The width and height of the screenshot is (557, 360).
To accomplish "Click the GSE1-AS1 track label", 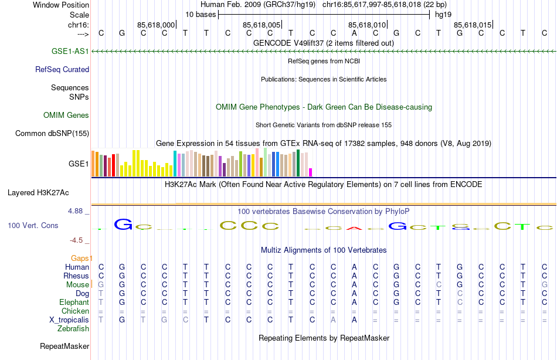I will click(x=70, y=52).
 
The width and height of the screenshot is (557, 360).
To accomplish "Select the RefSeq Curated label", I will click(x=62, y=69).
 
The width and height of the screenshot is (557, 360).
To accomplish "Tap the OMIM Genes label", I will click(x=66, y=116).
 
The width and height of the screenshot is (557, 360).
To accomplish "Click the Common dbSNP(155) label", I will click(x=52, y=134).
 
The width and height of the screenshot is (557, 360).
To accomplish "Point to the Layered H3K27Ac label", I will click(x=38, y=192).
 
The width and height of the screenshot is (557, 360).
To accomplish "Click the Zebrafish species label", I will click(x=73, y=329).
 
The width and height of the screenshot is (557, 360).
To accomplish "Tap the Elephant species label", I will click(x=74, y=303).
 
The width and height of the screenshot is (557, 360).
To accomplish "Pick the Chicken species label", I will click(x=76, y=311).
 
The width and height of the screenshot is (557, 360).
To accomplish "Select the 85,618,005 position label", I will click(x=261, y=25).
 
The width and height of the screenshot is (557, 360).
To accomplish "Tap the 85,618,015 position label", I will click(x=473, y=25).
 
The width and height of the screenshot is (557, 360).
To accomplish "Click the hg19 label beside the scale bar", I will click(x=443, y=14).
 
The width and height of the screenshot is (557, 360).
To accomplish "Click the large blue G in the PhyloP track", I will click(x=123, y=224).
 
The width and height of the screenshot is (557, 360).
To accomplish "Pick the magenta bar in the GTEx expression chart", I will click(x=311, y=172).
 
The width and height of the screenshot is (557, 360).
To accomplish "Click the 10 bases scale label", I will click(x=201, y=14).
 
